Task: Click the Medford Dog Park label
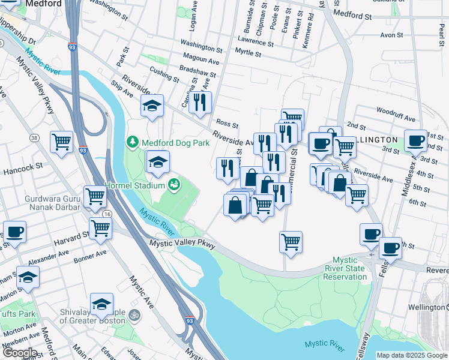tap(175, 143)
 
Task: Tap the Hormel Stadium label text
tap(134, 185)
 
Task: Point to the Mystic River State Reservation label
tap(345, 268)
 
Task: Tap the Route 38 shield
tap(34, 138)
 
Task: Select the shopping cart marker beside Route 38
tap(61, 142)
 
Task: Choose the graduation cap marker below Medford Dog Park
tap(158, 162)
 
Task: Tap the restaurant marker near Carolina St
tap(200, 101)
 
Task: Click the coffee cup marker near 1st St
tap(415, 141)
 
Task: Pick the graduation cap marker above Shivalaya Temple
tap(102, 304)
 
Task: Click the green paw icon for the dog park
tap(132, 143)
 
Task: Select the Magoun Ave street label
tap(200, 60)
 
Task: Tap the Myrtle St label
tap(248, 54)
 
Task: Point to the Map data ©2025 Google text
tap(411, 355)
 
